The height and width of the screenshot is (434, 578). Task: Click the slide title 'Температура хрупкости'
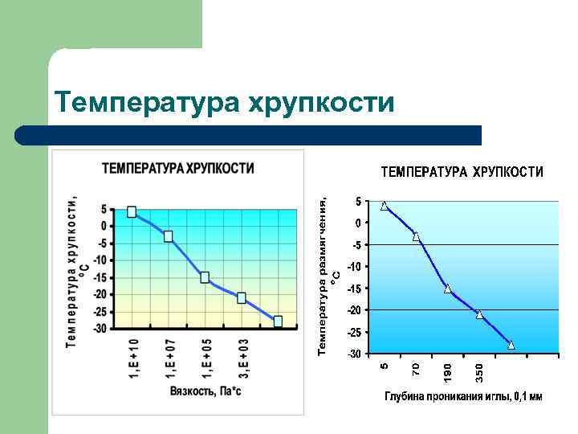(x=224, y=103)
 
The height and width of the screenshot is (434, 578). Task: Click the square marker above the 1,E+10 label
(x=132, y=212)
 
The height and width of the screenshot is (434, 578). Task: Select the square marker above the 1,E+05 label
(x=205, y=277)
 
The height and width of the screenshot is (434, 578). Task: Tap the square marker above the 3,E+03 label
(x=242, y=297)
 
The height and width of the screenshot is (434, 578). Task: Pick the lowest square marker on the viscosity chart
(x=278, y=321)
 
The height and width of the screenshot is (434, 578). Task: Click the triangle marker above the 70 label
(x=416, y=236)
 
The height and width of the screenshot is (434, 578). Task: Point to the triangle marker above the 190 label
(x=447, y=289)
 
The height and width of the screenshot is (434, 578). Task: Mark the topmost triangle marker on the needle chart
(x=385, y=206)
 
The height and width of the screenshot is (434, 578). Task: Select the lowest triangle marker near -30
(x=511, y=345)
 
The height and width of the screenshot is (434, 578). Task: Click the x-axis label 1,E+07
(x=169, y=358)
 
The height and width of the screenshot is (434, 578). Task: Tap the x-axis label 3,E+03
(x=243, y=358)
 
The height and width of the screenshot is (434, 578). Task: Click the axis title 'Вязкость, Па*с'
(x=206, y=391)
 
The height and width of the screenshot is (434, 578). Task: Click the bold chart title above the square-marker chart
(x=177, y=169)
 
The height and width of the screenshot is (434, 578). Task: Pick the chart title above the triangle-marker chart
(x=461, y=172)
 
